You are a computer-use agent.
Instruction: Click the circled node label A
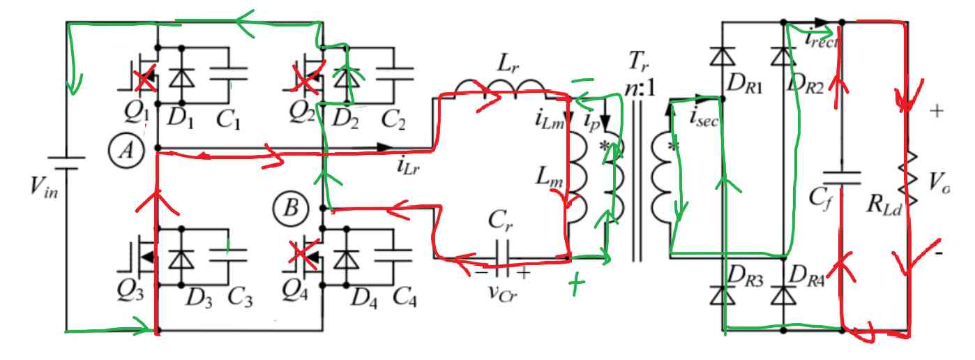[126, 149]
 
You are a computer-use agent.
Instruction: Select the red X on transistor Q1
[144, 80]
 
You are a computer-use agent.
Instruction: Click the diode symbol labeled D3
[183, 257]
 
